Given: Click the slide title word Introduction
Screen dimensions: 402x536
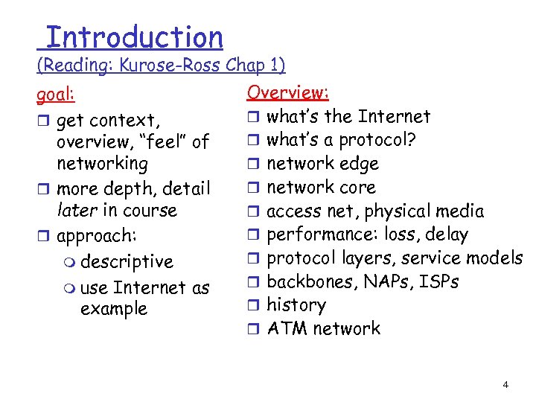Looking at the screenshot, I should pos(134,36).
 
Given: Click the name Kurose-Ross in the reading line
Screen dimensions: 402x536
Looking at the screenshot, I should pos(176,66).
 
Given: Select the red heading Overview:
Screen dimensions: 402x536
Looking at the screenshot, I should pos(288,92).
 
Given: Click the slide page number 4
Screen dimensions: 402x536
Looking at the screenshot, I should pos(505,385).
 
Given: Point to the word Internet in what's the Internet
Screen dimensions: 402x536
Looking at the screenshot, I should pos(394,117).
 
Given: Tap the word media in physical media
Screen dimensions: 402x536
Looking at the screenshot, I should pos(460,211).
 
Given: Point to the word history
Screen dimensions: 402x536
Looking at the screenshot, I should pos(296,305).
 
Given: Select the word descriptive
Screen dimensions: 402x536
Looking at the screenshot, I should pos(127,262).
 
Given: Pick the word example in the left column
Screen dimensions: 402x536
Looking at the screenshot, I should pos(113,309).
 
